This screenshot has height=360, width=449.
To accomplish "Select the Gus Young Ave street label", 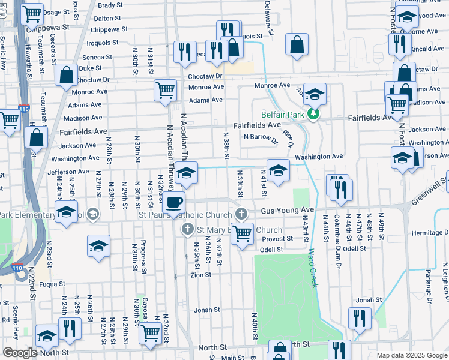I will pyautogui.click(x=288, y=211).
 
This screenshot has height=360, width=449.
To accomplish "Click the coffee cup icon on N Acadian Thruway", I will pyautogui.click(x=174, y=203).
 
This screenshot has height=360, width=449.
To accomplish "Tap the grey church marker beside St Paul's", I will pyautogui.click(x=241, y=214).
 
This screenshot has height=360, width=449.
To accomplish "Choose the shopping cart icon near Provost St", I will pyautogui.click(x=243, y=234).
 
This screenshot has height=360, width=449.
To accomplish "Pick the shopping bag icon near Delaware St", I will pyautogui.click(x=297, y=44).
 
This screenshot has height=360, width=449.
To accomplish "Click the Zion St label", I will pyautogui.click(x=201, y=275).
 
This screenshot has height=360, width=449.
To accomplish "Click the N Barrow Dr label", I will pyautogui.click(x=261, y=137).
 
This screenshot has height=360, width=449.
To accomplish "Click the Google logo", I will pyautogui.click(x=19, y=353).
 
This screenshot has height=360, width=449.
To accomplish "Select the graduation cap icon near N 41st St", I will pyautogui.click(x=278, y=172).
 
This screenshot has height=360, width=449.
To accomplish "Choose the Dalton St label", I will pyautogui.click(x=107, y=19).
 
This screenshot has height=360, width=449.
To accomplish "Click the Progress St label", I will pyautogui.click(x=143, y=258).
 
